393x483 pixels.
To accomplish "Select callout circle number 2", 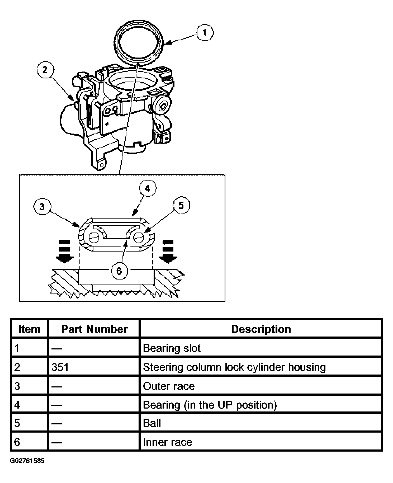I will (45, 70).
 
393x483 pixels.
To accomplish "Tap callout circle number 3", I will (42, 206).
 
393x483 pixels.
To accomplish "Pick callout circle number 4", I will (147, 188).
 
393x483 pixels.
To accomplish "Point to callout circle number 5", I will (181, 205).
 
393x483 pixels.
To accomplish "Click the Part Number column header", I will (94, 329).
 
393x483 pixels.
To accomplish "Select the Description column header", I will (261, 329).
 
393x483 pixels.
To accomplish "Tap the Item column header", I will (29, 329).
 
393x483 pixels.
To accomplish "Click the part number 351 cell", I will (60, 367).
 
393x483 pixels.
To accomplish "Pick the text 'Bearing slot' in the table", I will (172, 348).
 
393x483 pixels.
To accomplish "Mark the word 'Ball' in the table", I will (152, 423).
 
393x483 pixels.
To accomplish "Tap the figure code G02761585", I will (27, 461).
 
